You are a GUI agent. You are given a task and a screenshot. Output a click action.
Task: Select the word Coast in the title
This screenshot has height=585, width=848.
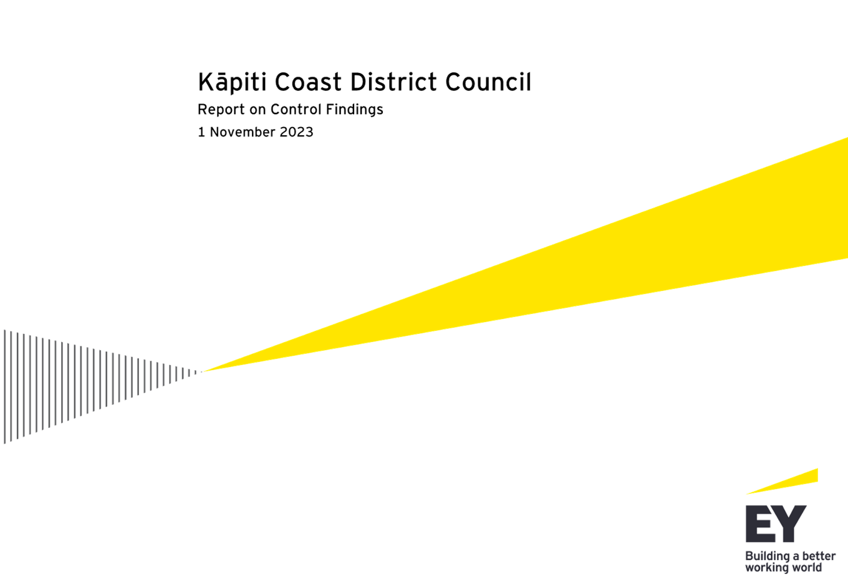308,82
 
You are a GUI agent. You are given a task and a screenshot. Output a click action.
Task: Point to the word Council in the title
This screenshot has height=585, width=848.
488,82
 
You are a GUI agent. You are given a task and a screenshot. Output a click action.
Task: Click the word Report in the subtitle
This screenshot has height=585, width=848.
221,110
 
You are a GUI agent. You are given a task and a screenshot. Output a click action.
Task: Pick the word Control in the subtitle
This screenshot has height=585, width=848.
296,110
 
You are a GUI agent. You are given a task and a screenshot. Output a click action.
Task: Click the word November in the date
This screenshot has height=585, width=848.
243,132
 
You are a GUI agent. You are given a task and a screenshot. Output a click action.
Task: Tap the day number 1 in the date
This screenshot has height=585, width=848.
201,132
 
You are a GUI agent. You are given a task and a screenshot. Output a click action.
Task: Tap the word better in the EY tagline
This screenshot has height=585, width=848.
819,556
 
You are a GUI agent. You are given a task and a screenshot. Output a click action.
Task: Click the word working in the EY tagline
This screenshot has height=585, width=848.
766,568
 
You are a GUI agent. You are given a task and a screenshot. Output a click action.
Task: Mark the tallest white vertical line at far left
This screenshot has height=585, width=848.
5,386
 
